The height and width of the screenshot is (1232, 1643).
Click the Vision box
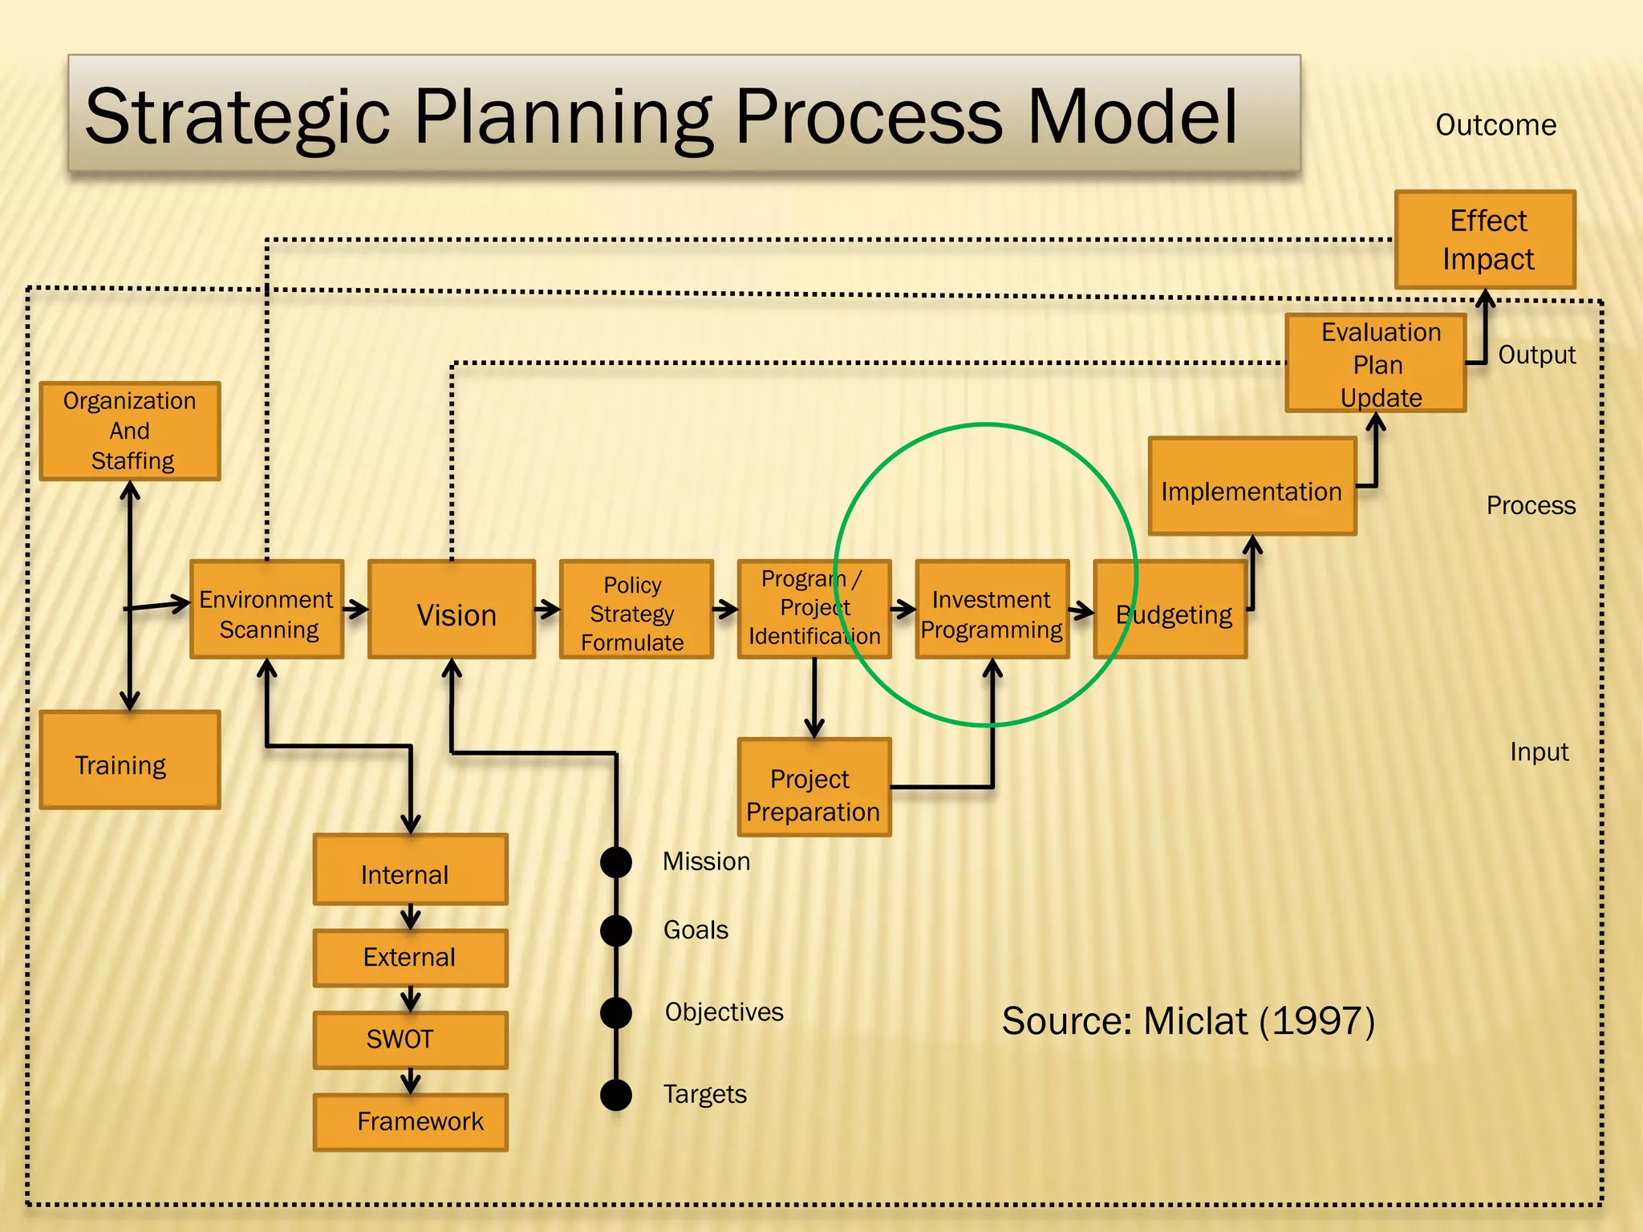(x=452, y=610)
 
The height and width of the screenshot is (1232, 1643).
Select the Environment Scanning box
(x=267, y=610)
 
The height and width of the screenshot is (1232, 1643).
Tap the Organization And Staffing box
(x=130, y=432)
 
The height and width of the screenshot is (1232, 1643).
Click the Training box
(x=130, y=760)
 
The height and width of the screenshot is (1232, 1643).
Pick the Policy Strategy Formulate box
(x=636, y=610)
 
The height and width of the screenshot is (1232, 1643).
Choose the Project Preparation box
(x=814, y=788)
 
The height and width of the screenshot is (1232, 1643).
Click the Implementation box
(x=1252, y=486)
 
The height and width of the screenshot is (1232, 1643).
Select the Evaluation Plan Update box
(x=1376, y=363)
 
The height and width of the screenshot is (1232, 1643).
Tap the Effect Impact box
(x=1485, y=240)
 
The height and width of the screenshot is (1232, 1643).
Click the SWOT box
(x=411, y=1039)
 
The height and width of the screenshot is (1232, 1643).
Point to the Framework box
(x=411, y=1122)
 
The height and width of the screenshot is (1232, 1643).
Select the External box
(x=411, y=958)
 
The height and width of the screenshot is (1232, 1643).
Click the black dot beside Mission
(x=616, y=862)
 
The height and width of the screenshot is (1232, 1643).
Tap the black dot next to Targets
(x=616, y=1095)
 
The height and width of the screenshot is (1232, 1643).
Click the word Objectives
(x=724, y=1012)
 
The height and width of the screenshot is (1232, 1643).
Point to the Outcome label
(x=1495, y=125)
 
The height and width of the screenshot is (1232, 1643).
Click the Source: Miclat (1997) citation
(x=1188, y=1021)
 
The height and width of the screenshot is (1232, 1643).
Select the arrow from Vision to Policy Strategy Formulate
(x=547, y=610)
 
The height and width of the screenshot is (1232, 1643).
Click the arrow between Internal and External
(x=411, y=917)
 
